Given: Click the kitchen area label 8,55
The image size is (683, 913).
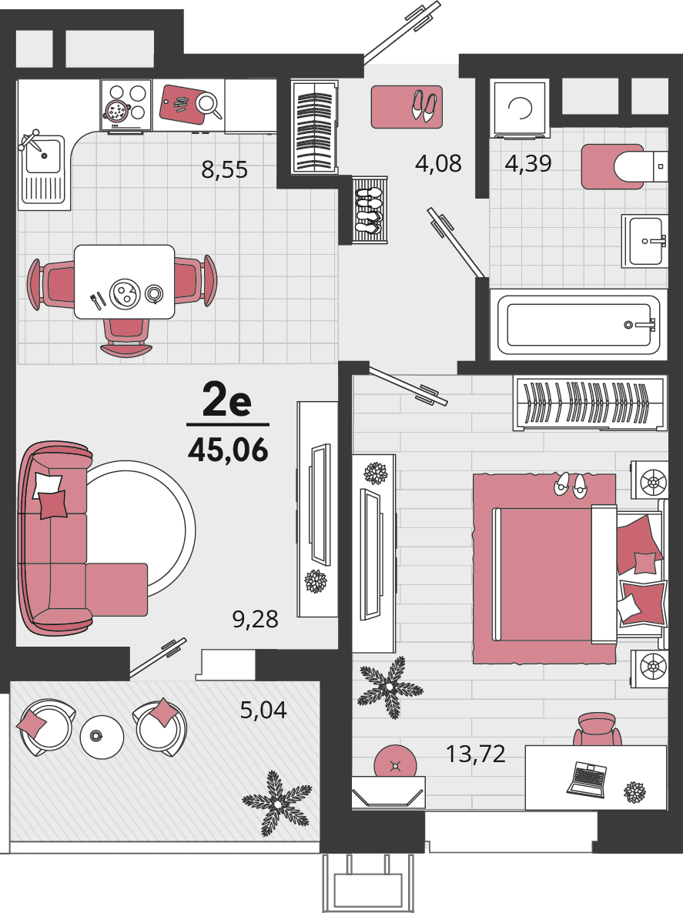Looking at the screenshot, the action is (x=224, y=169).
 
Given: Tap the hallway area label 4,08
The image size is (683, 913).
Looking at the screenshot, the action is (x=438, y=163).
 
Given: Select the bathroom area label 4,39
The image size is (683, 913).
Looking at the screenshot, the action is (x=527, y=163).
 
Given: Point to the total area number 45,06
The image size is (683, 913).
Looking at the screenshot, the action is (x=228, y=450).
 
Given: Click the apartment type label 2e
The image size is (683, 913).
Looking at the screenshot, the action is (x=227, y=401).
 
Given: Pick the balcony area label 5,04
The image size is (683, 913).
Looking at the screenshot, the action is (x=263, y=710).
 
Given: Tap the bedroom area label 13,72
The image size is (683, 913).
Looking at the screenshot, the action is (x=475, y=754).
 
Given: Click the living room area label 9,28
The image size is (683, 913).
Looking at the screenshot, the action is (x=255, y=619).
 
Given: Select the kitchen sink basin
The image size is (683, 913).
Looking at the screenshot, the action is (x=44, y=156).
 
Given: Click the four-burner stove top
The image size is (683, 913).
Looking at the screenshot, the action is (x=126, y=105).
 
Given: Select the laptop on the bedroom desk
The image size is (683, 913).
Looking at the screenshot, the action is (x=587, y=779).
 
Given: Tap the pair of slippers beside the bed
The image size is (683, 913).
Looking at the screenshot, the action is (x=571, y=484).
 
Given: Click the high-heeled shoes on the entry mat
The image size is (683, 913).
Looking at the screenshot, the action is (x=424, y=105).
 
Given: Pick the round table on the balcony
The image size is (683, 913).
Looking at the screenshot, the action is (x=102, y=737).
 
